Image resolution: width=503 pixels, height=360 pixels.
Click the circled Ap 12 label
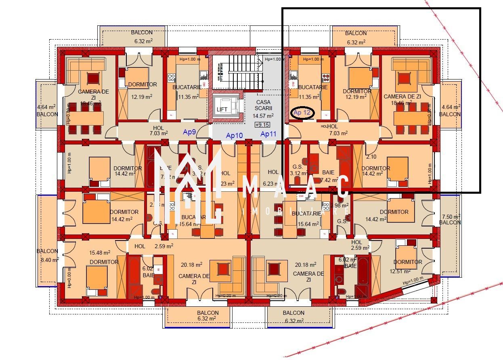(x=302, y=113)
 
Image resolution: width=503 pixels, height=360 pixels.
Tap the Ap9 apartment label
(x=189, y=132)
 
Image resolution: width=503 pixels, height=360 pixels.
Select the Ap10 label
(x=234, y=136)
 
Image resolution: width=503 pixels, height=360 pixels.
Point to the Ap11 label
(x=268, y=134)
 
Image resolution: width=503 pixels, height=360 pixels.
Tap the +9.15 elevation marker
(x=263, y=125)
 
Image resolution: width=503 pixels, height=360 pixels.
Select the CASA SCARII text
(x=263, y=106)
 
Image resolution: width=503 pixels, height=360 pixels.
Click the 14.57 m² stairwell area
(x=263, y=116)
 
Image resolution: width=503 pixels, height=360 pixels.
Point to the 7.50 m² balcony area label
(x=450, y=216)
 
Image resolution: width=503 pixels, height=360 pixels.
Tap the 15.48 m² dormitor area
(x=100, y=253)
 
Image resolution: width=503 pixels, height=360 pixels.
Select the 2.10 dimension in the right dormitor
(x=371, y=157)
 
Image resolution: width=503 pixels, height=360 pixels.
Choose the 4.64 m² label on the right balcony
(x=451, y=107)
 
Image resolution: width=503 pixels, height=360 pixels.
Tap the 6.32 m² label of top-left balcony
(x=141, y=41)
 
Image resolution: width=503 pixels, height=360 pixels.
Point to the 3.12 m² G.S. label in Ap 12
(x=298, y=174)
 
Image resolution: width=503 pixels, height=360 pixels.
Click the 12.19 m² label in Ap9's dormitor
(x=142, y=96)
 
